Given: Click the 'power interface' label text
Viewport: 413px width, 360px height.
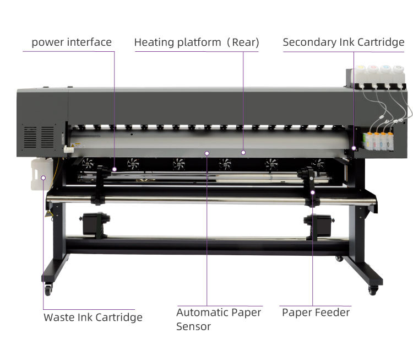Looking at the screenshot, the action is click(72, 42).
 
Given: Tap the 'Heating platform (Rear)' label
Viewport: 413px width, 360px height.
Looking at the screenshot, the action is click(197, 42).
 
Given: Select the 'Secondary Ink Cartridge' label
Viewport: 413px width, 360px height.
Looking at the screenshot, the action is click(344, 42).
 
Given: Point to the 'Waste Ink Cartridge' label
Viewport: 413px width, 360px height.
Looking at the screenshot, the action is click(93, 317).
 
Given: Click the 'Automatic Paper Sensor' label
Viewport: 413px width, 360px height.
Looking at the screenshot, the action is click(219, 319).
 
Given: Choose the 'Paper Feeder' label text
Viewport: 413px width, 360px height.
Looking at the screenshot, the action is click(316, 313).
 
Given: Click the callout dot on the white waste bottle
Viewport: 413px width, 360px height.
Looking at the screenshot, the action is click(44, 178).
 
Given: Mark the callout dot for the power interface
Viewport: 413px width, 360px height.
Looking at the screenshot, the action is click(115, 169).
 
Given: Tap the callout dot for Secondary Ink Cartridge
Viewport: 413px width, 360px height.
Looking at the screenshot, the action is click(354, 148).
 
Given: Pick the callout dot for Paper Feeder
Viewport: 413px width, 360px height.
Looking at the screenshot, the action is click(312, 192).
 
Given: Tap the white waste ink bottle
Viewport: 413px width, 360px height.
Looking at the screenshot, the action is click(42, 173).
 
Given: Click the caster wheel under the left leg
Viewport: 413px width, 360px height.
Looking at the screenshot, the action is click(48, 289).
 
